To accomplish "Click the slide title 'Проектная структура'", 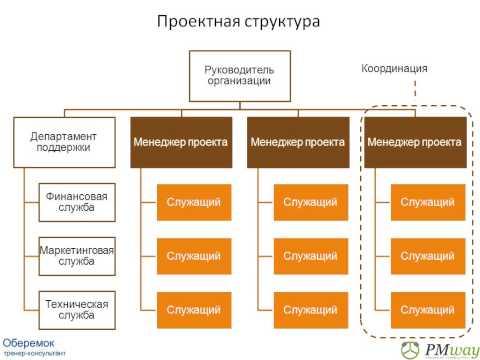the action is coord(238,22).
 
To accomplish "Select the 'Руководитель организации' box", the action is coord(240,76).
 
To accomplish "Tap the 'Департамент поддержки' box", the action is coord(64,142).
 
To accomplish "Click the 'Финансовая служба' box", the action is coord(77,202).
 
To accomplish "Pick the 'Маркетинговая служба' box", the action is coord(77,256).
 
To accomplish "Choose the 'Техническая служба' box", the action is coord(77,310).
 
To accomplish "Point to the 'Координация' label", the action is coord(394,68).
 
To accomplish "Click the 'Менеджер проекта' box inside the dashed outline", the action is coord(415,142).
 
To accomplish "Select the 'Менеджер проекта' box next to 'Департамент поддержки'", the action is coord(181,142).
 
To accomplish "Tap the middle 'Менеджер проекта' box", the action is coord(298,142).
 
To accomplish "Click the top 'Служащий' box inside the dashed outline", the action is coord(428,202).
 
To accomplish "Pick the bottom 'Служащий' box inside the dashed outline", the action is coord(428,310).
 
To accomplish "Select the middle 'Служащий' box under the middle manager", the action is coord(311,256).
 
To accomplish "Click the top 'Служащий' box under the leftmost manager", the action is coord(194,202).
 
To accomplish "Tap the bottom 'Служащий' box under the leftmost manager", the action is coord(194,310).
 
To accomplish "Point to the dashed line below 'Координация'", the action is coord(415,88).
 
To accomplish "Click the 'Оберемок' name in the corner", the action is coord(28,343).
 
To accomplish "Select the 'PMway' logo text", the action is coord(452,350).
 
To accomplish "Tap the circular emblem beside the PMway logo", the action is coord(410,350).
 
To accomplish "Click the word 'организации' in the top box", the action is coord(239,81).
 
